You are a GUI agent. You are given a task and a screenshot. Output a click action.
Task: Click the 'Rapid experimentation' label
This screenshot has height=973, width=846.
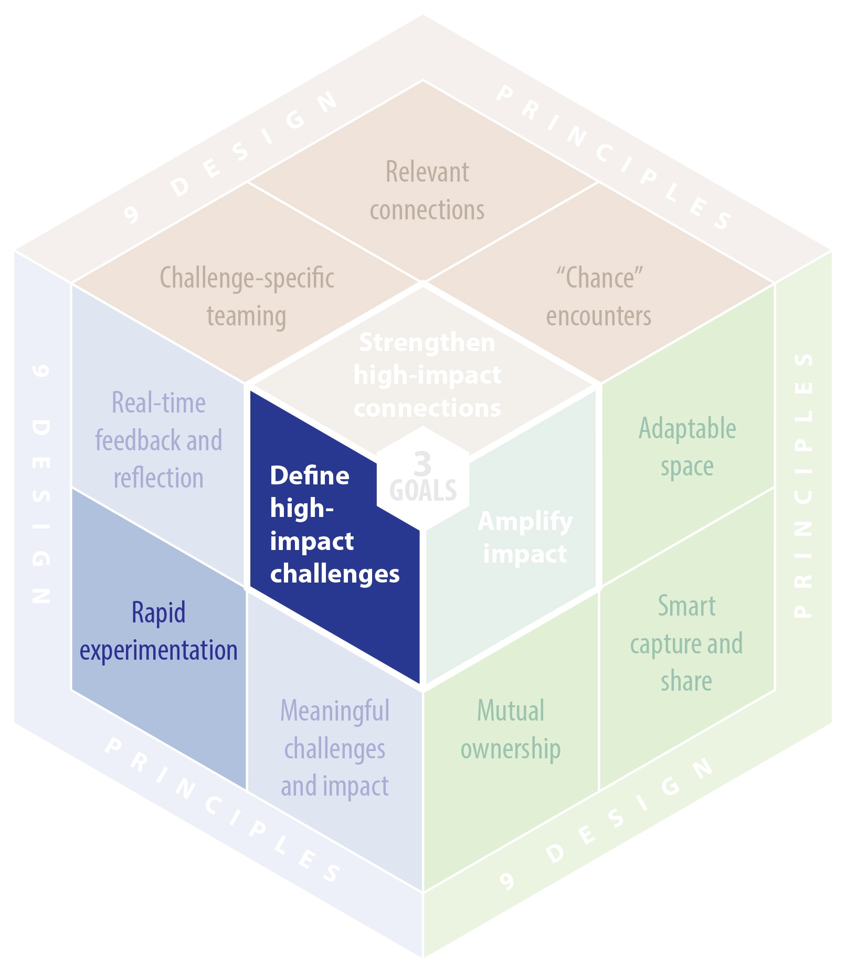(x=158, y=631)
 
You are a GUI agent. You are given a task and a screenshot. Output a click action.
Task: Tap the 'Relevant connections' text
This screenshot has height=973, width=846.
(x=427, y=191)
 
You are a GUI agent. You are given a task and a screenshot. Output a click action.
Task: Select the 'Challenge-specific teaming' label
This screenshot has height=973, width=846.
(x=247, y=297)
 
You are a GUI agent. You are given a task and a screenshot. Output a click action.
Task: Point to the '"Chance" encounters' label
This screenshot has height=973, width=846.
(x=599, y=297)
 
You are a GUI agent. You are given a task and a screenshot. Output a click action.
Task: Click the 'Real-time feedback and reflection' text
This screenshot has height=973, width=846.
(x=158, y=440)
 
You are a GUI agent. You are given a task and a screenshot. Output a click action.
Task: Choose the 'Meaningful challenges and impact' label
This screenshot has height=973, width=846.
(x=335, y=748)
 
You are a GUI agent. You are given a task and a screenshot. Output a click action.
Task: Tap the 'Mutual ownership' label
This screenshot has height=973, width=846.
(x=511, y=729)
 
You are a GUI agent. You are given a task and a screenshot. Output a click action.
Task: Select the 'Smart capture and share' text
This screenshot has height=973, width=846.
(x=686, y=643)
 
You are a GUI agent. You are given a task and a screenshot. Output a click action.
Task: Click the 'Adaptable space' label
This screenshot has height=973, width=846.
(x=687, y=447)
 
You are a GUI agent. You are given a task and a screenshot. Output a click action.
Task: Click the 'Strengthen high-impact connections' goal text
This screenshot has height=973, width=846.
(x=427, y=375)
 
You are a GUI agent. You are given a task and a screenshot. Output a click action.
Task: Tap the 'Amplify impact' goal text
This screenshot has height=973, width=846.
(x=525, y=537)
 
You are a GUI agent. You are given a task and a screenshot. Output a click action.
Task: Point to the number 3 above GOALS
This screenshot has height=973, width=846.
(x=422, y=463)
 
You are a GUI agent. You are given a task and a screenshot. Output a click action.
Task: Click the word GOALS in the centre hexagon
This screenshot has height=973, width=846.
(x=423, y=491)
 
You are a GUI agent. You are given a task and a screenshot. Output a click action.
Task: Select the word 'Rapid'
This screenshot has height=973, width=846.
(x=158, y=612)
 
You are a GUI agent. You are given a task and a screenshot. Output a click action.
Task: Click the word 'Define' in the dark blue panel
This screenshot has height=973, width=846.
(x=310, y=476)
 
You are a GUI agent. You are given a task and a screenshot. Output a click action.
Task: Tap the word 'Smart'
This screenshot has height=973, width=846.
(x=686, y=606)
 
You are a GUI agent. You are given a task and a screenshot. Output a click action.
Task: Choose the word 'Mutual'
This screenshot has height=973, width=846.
(x=511, y=711)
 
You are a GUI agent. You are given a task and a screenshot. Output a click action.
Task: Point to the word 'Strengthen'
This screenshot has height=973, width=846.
(x=427, y=343)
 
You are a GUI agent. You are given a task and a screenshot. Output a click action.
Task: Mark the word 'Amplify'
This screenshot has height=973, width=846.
(x=525, y=522)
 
